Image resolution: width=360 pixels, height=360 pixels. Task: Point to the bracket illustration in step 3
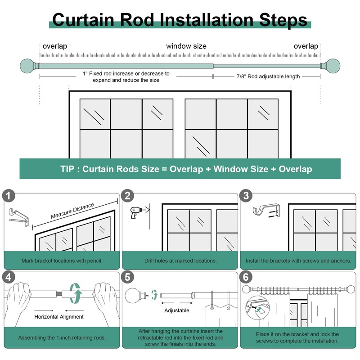point(264,210)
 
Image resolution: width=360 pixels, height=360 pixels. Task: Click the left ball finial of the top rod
point(27,67)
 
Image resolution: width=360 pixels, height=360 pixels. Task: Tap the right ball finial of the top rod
point(333,67)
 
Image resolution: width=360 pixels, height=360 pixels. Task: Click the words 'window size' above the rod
point(186,46)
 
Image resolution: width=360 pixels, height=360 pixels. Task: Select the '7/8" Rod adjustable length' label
point(268,76)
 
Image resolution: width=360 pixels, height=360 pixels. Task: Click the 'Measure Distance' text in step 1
point(72,211)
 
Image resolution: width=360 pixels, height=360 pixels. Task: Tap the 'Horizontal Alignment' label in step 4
point(59,317)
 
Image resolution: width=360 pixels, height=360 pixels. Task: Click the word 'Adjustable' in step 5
point(177,310)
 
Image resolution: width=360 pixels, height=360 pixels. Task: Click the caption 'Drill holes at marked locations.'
point(180,261)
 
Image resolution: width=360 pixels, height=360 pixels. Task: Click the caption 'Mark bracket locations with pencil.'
point(62,261)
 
